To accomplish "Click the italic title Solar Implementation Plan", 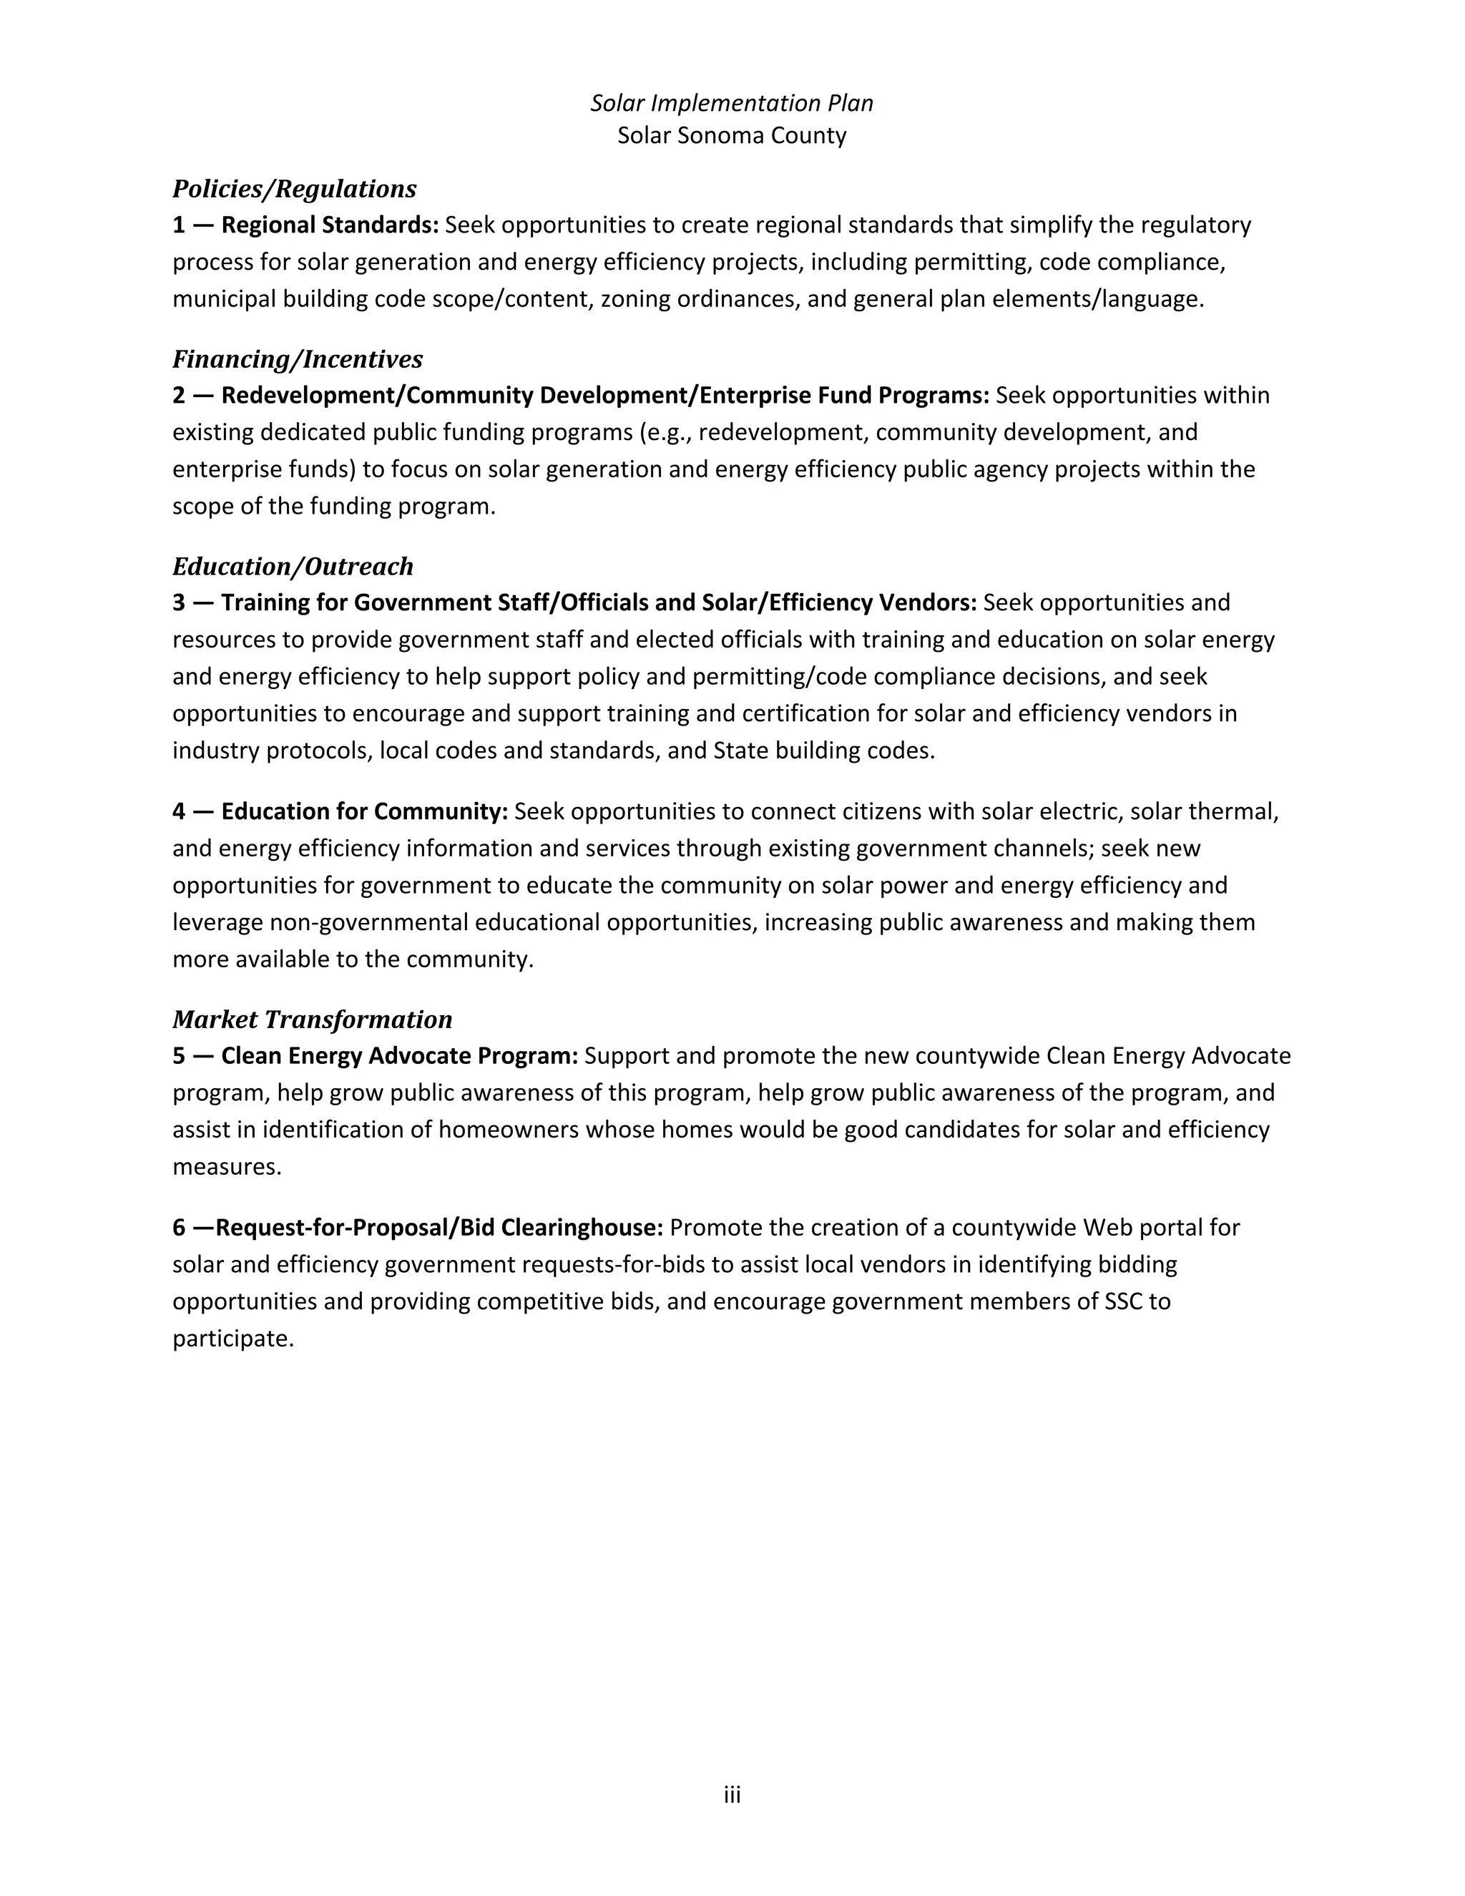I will coord(732,103).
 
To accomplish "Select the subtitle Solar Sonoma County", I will coord(732,135).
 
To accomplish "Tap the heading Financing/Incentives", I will coord(298,358).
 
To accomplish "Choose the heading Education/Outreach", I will coord(293,566).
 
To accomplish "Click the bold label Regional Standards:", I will coord(330,225).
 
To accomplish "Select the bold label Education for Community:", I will coord(365,812).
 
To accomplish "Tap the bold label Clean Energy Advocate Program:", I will coord(399,1057).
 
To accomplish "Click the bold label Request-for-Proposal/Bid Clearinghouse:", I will coord(439,1228).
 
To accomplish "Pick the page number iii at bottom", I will coord(732,1795).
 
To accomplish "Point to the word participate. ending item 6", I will coord(233,1339).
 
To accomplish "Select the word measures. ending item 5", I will coord(227,1167).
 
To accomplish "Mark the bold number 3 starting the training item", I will coord(179,602).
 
